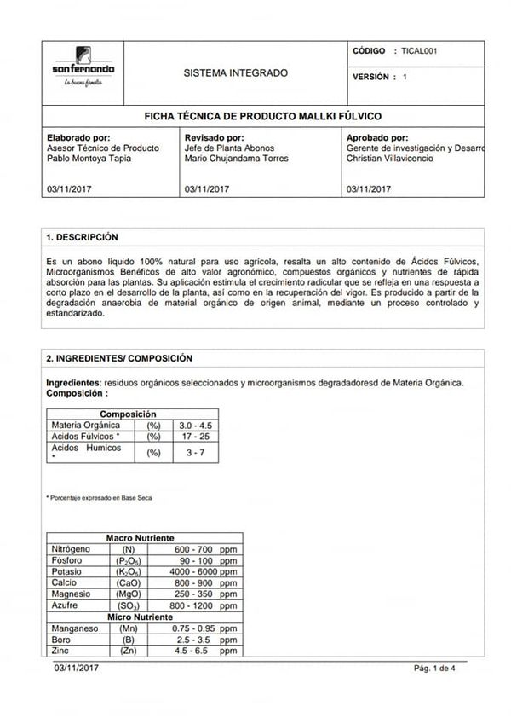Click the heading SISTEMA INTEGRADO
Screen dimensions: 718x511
click(236, 73)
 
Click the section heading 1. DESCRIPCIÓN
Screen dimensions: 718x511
click(83, 237)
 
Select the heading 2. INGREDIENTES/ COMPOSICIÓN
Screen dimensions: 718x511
click(119, 359)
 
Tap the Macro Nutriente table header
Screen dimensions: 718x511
click(141, 538)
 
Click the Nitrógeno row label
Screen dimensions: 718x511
click(71, 548)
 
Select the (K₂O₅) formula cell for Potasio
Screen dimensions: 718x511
click(129, 571)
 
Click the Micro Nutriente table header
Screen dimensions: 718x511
click(141, 617)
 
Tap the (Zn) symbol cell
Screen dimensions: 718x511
click(129, 650)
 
